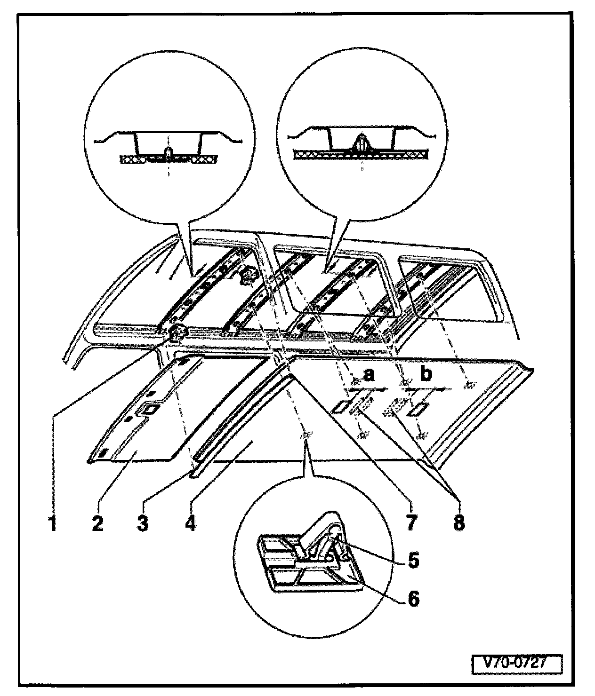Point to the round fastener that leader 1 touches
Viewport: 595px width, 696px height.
click(x=177, y=332)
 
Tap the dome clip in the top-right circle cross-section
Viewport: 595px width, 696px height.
click(x=361, y=143)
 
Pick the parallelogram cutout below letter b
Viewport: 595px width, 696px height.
click(x=418, y=408)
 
